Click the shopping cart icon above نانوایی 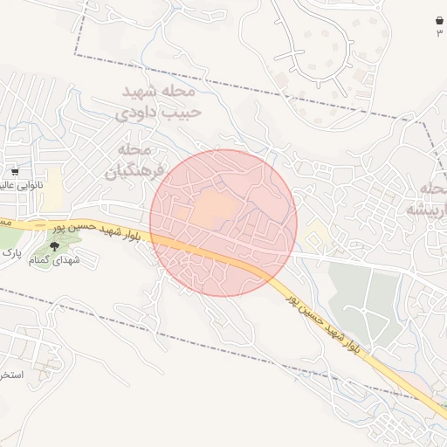click(15, 172)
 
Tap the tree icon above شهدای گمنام click(53, 248)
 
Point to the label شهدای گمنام click(54, 260)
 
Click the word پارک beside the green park click(10, 253)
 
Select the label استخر click(12, 375)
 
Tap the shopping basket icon click(438, 20)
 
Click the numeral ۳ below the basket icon click(439, 32)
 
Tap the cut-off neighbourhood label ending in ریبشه click(427, 200)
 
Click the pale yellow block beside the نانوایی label click(53, 184)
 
